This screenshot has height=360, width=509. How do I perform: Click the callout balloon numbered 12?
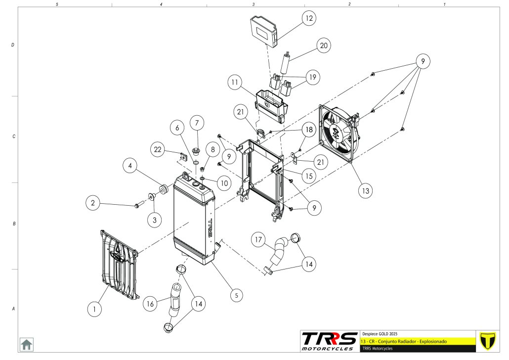click(309, 19)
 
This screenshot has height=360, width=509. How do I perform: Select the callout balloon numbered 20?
click(324, 46)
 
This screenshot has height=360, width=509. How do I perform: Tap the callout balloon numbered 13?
click(366, 190)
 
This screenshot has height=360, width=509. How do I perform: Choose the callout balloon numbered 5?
click(237, 295)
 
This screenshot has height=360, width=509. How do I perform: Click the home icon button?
click(26, 344)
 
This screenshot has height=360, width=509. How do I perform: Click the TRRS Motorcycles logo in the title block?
click(330, 340)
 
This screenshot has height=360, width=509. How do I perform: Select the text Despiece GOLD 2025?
click(380, 333)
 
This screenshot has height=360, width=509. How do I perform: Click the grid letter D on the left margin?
click(13, 45)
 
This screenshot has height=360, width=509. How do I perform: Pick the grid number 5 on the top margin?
click(57, 3)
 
